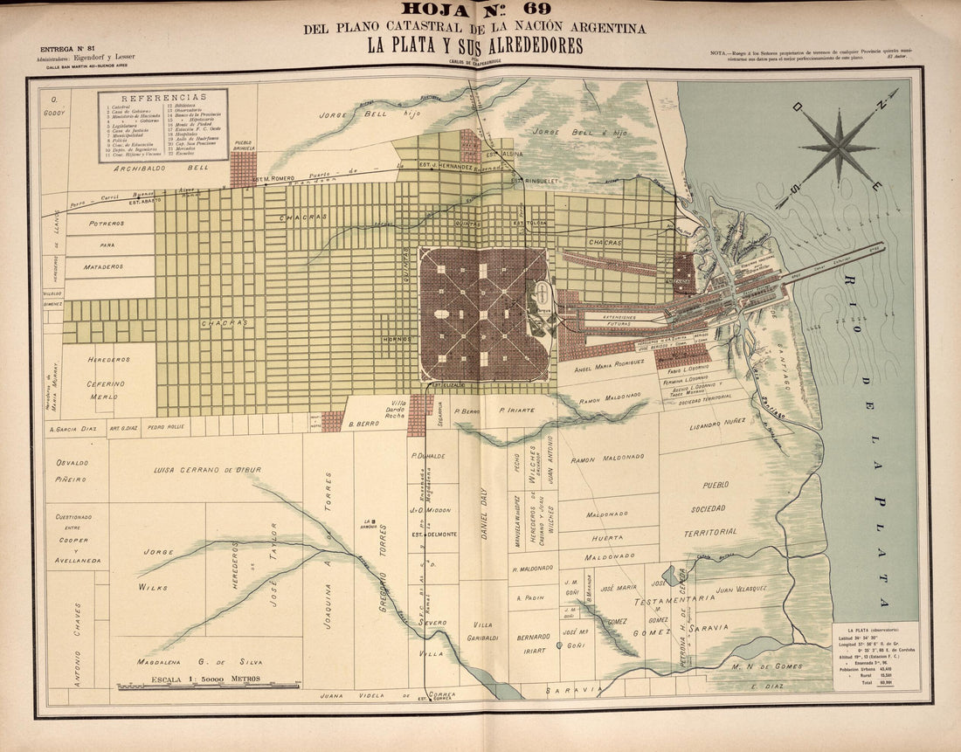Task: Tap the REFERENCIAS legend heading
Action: (163, 97)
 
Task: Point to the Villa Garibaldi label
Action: (483, 631)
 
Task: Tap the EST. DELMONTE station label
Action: (433, 535)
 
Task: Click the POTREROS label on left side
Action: (107, 224)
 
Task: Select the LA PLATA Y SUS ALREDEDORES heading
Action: (474, 46)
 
